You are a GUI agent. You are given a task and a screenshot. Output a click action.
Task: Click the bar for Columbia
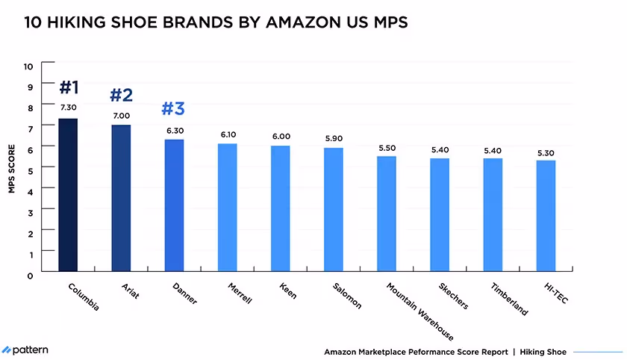click(68, 195)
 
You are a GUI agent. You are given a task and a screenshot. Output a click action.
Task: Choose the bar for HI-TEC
click(546, 216)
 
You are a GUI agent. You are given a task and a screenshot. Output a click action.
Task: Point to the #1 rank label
click(69, 87)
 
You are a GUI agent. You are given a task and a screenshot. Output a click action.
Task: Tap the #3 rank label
click(173, 109)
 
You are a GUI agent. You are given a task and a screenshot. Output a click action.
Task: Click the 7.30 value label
click(68, 108)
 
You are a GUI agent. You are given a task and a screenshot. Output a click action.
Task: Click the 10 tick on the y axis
click(29, 66)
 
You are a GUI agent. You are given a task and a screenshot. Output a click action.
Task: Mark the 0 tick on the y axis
click(31, 275)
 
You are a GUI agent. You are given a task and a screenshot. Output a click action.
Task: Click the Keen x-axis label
click(287, 291)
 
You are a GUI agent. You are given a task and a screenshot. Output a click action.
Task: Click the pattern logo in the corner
click(26, 350)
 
